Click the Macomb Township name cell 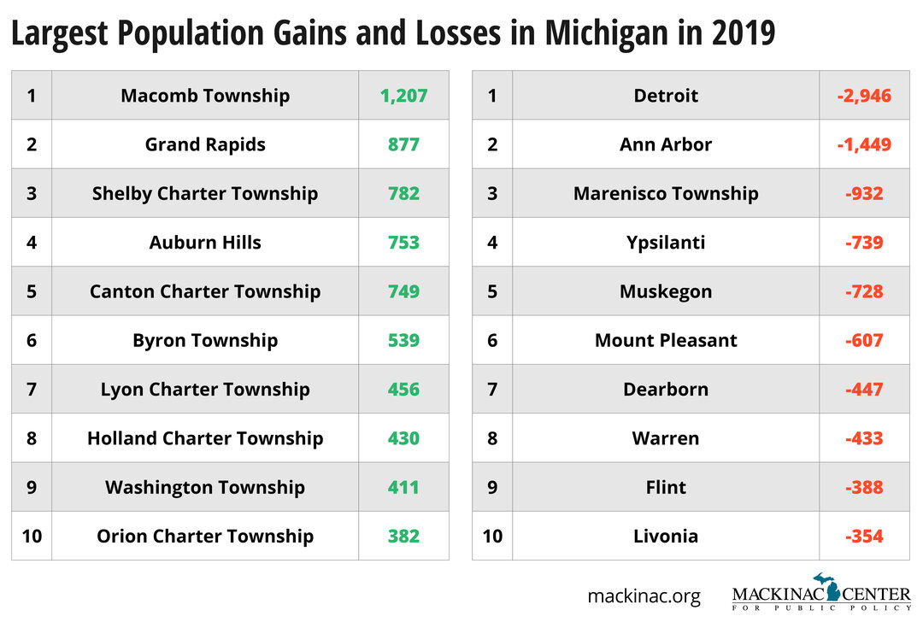(205, 96)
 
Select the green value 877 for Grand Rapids (403, 144)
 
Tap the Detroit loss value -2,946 (864, 96)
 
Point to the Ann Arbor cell (666, 144)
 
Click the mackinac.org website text (644, 596)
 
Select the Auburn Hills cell (205, 243)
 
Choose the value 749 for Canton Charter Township (403, 291)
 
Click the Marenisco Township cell (666, 194)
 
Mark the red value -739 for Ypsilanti (864, 243)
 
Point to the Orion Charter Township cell (205, 537)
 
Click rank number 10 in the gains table (32, 537)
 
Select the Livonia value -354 (864, 537)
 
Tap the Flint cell (666, 487)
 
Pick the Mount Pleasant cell (666, 340)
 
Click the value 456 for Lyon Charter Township (403, 390)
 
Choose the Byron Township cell (205, 340)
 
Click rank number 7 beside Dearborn (492, 390)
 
